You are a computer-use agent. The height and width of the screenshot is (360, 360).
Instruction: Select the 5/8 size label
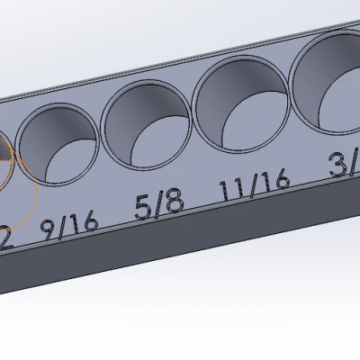coord(159,205)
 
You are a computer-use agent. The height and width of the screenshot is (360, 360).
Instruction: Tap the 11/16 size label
coord(254,185)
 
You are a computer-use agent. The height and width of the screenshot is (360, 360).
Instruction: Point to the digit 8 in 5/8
coord(175,202)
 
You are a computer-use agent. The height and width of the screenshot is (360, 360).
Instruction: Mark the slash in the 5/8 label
coord(159,205)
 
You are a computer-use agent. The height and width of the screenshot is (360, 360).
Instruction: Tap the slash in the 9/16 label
coord(67,224)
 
